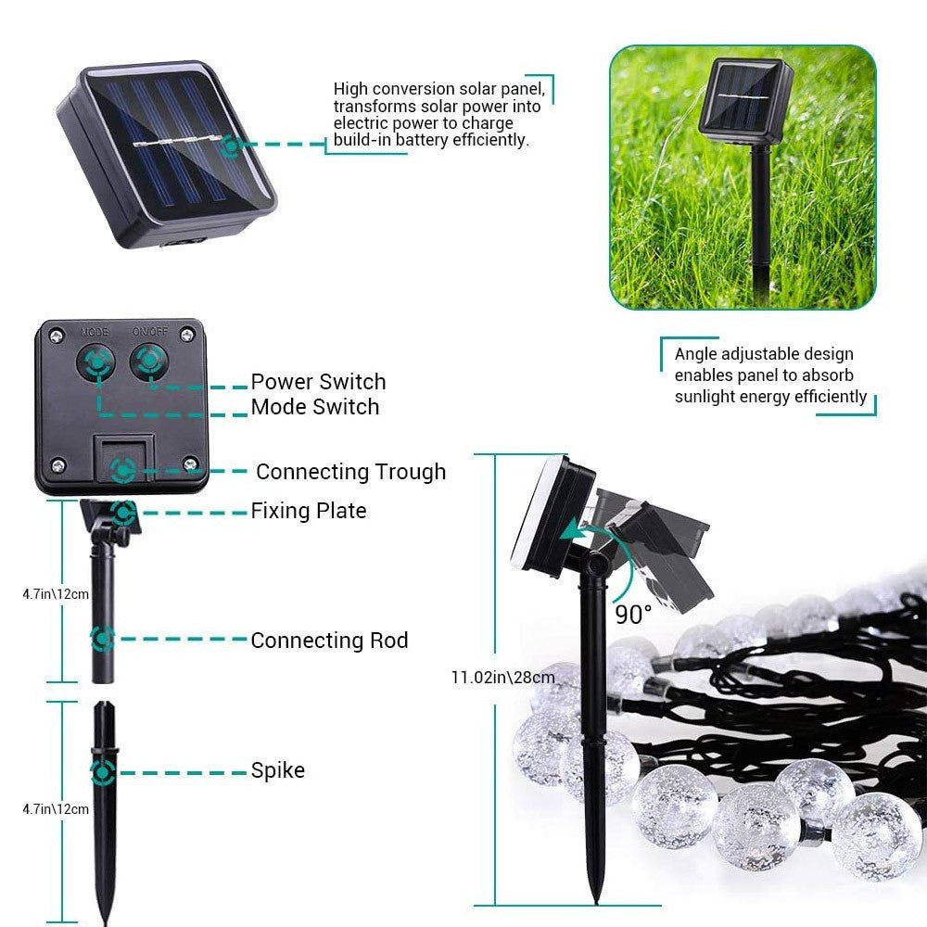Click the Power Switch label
click(318, 382)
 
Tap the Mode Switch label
click(314, 407)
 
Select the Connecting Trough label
click(350, 472)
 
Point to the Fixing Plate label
click(308, 511)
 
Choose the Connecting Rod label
click(329, 641)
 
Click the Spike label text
click(277, 770)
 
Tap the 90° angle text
click(632, 614)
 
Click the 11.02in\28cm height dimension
click(502, 678)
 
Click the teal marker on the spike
click(103, 771)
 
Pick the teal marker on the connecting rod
click(103, 639)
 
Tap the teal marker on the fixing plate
click(122, 512)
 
